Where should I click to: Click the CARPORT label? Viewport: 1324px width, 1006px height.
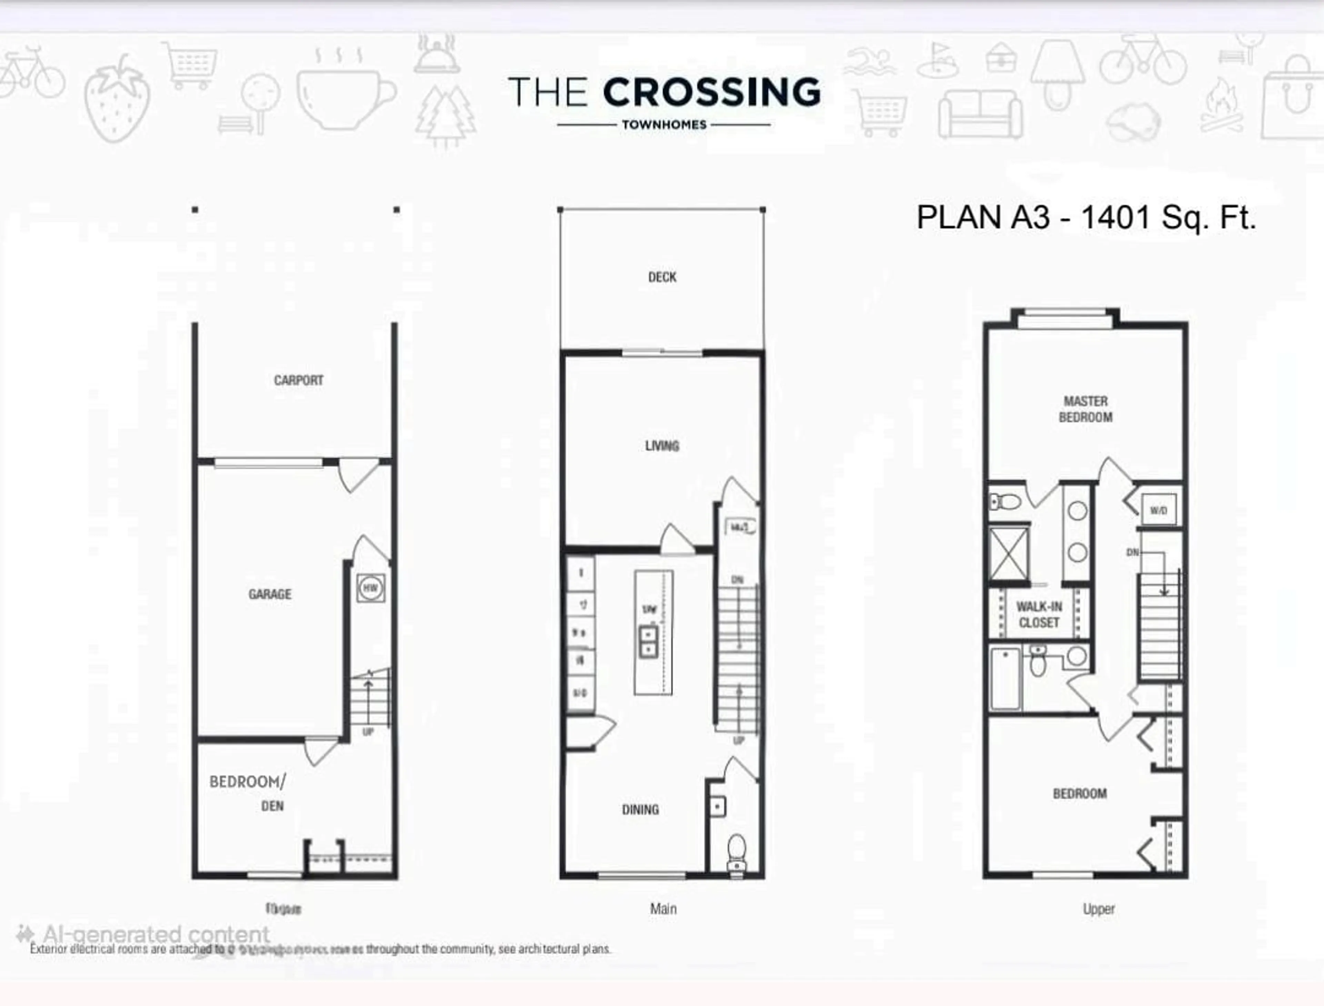(x=298, y=380)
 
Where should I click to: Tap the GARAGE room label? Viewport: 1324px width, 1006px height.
(x=270, y=594)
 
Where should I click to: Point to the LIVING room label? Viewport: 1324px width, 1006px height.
(x=662, y=445)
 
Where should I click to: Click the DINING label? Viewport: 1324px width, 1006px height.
(x=640, y=809)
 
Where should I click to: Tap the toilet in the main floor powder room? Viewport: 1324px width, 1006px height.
(x=736, y=853)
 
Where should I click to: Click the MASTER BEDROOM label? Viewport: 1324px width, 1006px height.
(x=1085, y=409)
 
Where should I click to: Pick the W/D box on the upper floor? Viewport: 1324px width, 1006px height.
(x=1158, y=510)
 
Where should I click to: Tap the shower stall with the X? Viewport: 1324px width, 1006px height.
(x=1009, y=553)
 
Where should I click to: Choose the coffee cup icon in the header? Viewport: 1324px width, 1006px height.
(x=344, y=96)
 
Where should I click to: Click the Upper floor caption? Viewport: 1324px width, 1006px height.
(x=1098, y=909)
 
